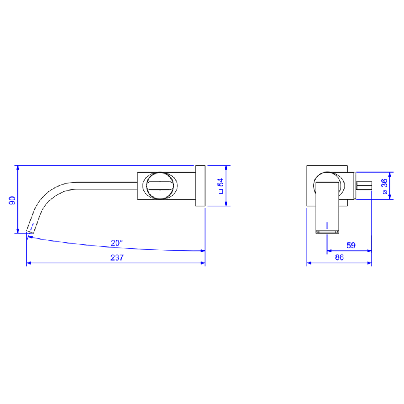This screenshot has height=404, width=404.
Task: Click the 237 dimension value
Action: pos(117,257)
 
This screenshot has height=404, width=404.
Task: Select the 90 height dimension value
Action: pos(12,200)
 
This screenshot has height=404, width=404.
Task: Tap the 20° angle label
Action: pos(117,243)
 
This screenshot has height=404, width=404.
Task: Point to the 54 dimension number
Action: pos(221,183)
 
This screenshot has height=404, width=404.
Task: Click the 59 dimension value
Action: pos(351,245)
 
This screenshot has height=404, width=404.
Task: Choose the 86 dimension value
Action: pos(339,257)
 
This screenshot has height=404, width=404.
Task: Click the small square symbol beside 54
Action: pos(221,191)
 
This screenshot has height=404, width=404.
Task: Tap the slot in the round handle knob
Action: pos(160,186)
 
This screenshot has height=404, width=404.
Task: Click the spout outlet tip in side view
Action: pos(30,231)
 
